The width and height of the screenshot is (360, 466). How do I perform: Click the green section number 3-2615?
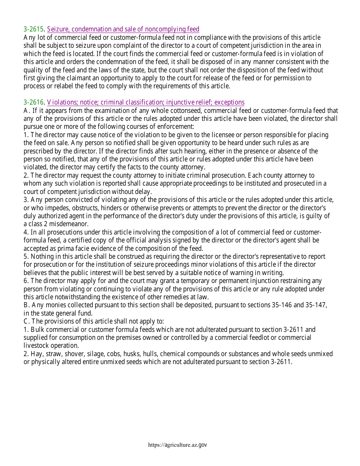(34, 30)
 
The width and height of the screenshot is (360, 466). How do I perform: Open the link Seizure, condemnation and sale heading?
(123, 30)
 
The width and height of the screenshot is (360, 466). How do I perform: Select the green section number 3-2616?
(34, 102)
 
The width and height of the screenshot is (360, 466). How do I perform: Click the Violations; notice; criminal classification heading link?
(146, 102)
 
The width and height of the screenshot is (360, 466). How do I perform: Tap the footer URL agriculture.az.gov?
(178, 445)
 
